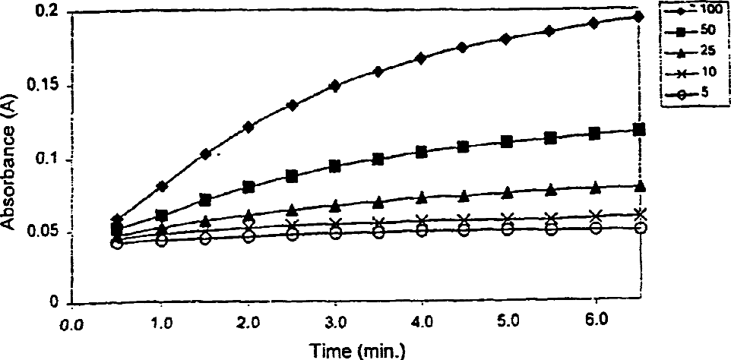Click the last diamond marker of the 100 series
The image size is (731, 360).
(x=638, y=16)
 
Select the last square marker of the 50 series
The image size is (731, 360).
(x=638, y=130)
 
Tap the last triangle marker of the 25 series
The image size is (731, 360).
(x=639, y=186)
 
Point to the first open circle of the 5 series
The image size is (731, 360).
(x=116, y=243)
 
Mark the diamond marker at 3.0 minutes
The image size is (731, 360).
(x=334, y=86)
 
